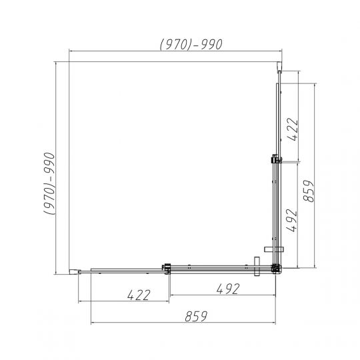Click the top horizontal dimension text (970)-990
191,44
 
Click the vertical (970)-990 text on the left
49,183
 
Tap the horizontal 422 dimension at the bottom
139,295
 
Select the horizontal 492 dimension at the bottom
228,289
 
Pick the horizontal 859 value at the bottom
196,316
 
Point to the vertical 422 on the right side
293,129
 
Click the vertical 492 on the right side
292,220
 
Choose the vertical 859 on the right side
308,191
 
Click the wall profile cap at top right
279,67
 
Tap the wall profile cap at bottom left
75,272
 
